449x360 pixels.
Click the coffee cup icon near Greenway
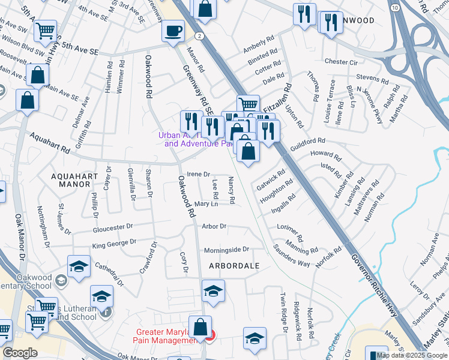[x=173, y=31]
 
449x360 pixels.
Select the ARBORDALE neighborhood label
[x=234, y=265]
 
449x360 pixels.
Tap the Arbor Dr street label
[x=214, y=227]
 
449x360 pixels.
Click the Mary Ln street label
[x=205, y=204]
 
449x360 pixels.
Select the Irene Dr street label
[x=198, y=174]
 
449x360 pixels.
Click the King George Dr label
[x=114, y=244]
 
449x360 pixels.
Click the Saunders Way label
[x=292, y=256]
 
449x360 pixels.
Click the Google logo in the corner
[x=20, y=353]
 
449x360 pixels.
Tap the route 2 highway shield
[x=198, y=36]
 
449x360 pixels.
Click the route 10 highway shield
[x=394, y=7]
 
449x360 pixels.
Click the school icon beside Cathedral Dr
[x=79, y=267]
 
